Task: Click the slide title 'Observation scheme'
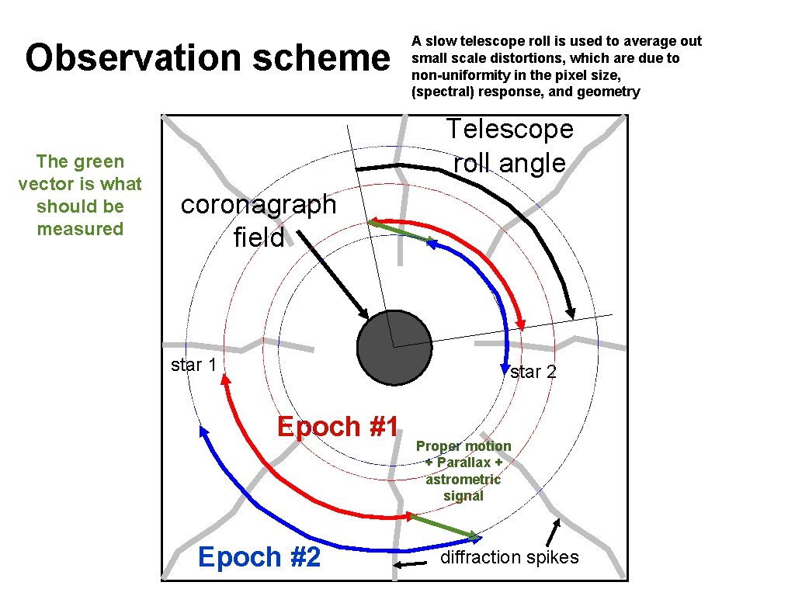coord(207,59)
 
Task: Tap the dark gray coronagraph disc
coord(394,348)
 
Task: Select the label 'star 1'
coord(193,365)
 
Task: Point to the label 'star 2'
coord(533,372)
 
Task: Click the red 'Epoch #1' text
coord(338,427)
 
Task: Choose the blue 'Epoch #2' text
coord(259,557)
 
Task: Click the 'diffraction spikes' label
coord(509,557)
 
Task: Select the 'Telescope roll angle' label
coord(509,146)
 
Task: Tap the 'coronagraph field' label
coord(259,220)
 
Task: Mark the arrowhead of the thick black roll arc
coord(571,313)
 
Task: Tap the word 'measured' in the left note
coord(80,229)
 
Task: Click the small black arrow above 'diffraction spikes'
coord(553,532)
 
